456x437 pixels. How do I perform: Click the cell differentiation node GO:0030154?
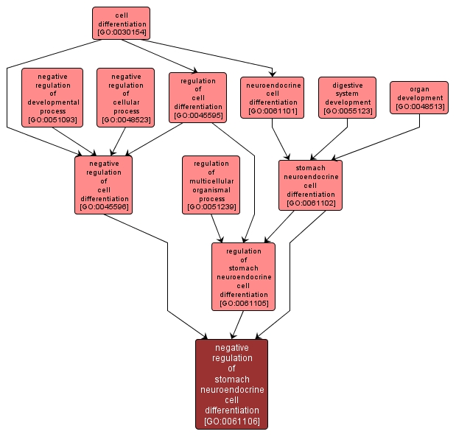121,23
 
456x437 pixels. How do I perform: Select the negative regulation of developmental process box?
52,97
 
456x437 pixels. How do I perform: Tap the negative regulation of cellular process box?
125,97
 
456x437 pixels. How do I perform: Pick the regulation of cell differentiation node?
197,97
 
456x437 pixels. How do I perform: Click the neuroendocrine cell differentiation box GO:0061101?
273,97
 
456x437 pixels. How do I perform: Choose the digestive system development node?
347,97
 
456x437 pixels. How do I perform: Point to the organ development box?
419,97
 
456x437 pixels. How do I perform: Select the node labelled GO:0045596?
104,184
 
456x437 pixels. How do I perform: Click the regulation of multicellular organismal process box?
211,184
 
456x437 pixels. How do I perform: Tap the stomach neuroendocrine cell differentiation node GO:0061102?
310,184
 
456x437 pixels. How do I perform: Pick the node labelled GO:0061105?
243,276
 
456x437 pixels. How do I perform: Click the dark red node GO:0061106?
231,384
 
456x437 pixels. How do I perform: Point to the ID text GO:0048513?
419,107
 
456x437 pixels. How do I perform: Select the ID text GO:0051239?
211,208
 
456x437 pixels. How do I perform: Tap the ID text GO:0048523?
125,119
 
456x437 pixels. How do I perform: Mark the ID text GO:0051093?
52,119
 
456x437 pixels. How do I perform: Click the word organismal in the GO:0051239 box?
211,190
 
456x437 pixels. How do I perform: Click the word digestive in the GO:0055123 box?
347,85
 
